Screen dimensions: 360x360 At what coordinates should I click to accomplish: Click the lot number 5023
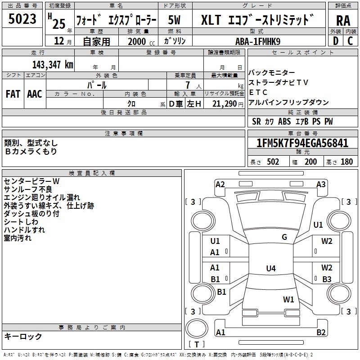point(22,19)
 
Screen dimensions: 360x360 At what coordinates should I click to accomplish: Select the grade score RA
point(343,20)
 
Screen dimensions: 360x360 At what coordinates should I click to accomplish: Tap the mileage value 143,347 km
point(52,64)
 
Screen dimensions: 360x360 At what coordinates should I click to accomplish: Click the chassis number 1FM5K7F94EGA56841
point(303,144)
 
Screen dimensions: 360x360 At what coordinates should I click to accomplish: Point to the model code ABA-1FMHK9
point(258,40)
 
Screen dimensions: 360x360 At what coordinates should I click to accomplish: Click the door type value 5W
point(175,20)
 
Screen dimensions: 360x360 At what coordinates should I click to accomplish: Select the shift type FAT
point(13,94)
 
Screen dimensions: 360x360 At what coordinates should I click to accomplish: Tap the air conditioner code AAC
point(35,94)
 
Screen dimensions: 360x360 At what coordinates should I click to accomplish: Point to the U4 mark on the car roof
point(270,269)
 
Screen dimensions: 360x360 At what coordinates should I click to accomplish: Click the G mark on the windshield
point(284,237)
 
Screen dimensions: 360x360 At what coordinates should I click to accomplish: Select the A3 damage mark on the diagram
point(321,184)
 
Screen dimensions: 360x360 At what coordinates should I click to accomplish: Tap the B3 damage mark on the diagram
point(327,279)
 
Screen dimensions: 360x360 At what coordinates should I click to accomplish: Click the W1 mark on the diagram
point(288,299)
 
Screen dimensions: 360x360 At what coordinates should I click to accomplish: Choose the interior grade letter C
point(350,40)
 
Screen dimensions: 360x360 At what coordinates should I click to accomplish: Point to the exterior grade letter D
point(335,40)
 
